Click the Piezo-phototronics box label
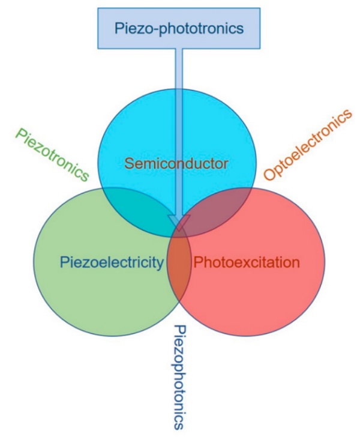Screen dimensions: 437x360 coord(179,28)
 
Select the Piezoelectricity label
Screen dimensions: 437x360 coord(112,262)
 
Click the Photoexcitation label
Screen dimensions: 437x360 coord(245,262)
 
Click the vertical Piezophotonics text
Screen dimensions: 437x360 coord(179,376)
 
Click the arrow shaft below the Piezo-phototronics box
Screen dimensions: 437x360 coord(179,120)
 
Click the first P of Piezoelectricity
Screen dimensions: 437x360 coord(64,262)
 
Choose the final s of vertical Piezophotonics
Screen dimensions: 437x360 coord(178,424)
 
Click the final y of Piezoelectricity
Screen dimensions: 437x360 coord(161,264)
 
